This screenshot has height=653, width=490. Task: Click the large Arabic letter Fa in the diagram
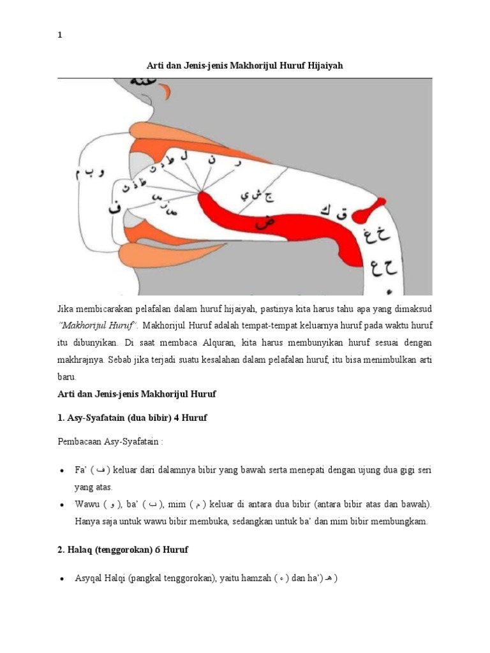(115, 209)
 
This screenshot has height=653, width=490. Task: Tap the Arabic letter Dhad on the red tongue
(261, 223)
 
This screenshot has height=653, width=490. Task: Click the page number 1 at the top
(60, 36)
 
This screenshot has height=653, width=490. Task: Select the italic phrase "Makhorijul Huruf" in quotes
(96, 326)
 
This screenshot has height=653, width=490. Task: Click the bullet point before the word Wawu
(62, 504)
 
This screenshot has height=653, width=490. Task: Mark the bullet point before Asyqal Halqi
(62, 579)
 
